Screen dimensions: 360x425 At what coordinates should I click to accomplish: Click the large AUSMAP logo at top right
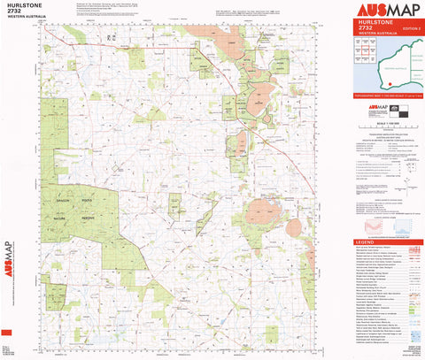click(x=385, y=13)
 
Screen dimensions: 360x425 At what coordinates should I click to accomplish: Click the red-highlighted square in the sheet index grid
click(x=364, y=57)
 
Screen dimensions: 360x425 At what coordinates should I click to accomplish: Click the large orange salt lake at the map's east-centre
click(x=263, y=211)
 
